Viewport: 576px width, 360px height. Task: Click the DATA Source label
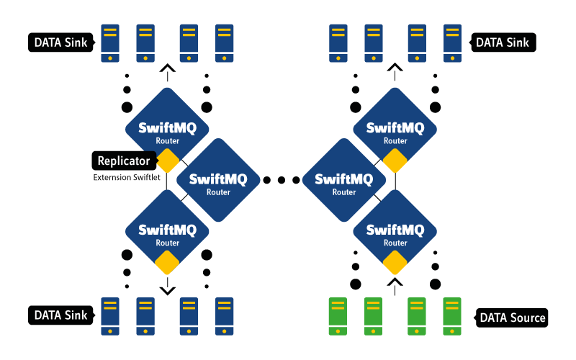pos(513,318)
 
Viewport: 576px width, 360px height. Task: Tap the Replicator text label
pos(124,161)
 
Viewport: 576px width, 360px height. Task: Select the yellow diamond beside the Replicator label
pos(167,161)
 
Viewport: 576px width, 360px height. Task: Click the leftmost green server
pos(338,316)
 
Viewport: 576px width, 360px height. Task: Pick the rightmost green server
pos(452,316)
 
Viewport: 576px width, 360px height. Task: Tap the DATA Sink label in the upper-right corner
pos(503,42)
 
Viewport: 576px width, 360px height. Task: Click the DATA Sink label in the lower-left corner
pos(61,315)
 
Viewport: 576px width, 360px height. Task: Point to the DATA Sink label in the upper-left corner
pos(61,42)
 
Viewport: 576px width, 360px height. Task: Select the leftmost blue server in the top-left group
pos(110,43)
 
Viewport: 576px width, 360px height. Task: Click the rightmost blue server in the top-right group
pos(452,43)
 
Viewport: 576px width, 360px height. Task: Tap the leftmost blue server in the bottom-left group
pos(110,316)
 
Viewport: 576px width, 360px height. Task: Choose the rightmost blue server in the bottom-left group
pos(225,316)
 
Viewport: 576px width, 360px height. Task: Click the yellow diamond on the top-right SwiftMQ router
pos(395,161)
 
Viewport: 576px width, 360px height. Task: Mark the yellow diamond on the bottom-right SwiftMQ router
pos(395,263)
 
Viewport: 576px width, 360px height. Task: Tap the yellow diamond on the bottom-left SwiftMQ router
pos(167,263)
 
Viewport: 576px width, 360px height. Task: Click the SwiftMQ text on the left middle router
pos(218,179)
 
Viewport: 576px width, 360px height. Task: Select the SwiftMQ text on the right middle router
pos(344,179)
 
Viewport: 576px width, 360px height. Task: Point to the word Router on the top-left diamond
pos(167,141)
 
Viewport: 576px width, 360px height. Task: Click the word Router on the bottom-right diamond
pos(395,243)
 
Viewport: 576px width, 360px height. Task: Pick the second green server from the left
pos(374,316)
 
